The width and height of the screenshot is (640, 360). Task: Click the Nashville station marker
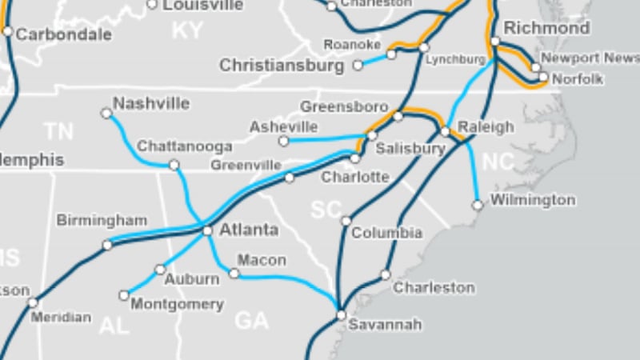click(x=106, y=114)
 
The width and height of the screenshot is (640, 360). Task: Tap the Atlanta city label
click(x=249, y=230)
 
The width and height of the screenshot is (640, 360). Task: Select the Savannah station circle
click(x=341, y=315)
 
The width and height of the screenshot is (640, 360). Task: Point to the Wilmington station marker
click(x=478, y=206)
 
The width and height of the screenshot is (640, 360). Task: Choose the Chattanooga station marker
click(x=174, y=165)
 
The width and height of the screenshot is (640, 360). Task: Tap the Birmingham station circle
click(x=107, y=245)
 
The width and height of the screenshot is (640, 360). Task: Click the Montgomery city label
click(x=177, y=305)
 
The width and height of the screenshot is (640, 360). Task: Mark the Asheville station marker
click(x=283, y=141)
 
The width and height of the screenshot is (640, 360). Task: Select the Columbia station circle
click(x=346, y=221)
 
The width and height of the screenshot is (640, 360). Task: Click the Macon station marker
click(x=234, y=274)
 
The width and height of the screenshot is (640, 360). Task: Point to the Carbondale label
click(x=63, y=34)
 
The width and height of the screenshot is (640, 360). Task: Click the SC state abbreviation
click(x=326, y=210)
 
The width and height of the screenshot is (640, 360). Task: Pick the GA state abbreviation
click(x=251, y=321)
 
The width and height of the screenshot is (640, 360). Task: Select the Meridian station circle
click(x=33, y=302)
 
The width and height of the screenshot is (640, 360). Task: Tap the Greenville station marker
click(x=290, y=178)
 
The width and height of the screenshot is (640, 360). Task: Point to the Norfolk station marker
click(x=544, y=78)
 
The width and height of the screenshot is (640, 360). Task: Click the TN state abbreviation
click(x=58, y=131)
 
